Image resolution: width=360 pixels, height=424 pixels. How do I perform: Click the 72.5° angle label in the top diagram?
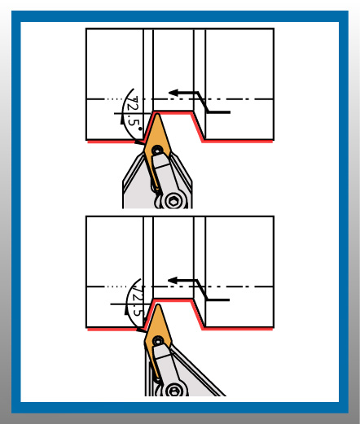(134, 111)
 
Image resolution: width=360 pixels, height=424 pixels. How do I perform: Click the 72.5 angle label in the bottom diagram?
(138, 300)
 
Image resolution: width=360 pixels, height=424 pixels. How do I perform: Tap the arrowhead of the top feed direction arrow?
(173, 93)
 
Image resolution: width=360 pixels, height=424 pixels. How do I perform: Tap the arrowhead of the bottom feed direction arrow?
(173, 281)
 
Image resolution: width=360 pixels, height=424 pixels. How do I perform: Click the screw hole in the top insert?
(157, 150)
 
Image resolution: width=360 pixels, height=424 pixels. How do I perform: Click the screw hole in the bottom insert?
(158, 340)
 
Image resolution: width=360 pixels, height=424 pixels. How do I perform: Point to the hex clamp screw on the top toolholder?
(173, 201)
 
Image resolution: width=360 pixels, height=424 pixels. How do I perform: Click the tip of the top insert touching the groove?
(156, 114)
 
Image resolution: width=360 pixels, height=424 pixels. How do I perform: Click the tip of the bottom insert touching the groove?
(157, 305)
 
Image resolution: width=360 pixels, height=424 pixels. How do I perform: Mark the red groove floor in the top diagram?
(173, 112)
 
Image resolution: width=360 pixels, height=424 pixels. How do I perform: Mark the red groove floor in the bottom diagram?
(173, 300)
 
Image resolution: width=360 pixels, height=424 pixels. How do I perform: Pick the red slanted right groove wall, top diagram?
(198, 126)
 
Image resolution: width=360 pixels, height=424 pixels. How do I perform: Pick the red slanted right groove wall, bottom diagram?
(198, 315)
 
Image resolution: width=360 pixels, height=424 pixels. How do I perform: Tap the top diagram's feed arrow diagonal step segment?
(203, 103)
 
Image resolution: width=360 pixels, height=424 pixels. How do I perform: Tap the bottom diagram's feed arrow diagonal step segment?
(202, 291)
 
